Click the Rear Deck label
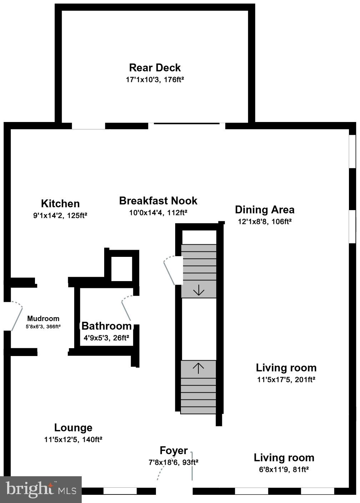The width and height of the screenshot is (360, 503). [155, 67]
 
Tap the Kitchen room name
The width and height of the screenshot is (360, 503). [60, 204]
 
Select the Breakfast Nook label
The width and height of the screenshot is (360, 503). [158, 200]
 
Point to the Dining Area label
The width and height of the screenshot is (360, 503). [264, 209]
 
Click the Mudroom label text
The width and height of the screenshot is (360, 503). [43, 319]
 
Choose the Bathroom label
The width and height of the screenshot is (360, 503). [106, 326]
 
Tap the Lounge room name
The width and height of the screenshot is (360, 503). [73, 427]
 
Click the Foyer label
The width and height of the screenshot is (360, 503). [173, 451]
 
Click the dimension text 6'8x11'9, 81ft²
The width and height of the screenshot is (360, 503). [284, 469]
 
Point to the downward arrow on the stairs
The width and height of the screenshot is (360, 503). [198, 290]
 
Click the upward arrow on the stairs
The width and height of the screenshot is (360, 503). [198, 368]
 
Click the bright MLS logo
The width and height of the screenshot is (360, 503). [41, 489]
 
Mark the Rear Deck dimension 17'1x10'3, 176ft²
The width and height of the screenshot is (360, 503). [155, 80]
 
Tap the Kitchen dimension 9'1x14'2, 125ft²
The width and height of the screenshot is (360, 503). [60, 215]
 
